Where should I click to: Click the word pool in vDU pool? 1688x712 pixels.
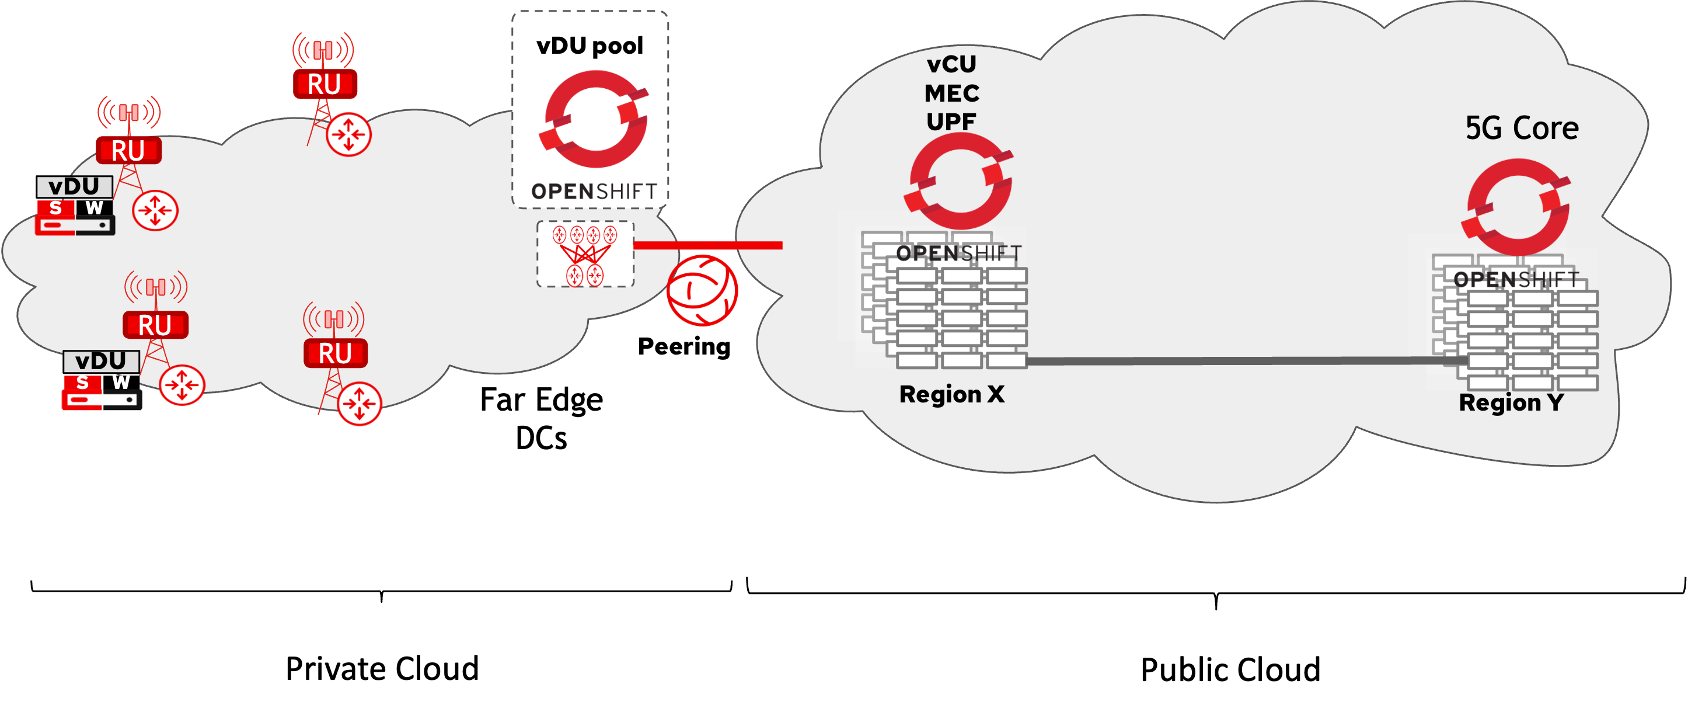(618, 47)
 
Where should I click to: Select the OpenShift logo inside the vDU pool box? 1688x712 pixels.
(594, 119)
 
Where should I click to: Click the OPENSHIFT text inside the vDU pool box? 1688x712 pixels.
(594, 192)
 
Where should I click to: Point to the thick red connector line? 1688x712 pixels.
(707, 245)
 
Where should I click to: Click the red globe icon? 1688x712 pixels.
(702, 290)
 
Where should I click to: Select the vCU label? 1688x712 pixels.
(951, 64)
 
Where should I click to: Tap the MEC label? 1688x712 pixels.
(951, 93)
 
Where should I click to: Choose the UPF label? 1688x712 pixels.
(951, 121)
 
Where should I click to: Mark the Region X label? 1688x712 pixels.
(951, 395)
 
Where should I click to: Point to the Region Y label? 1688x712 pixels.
(1511, 402)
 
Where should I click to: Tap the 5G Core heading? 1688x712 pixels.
(1522, 128)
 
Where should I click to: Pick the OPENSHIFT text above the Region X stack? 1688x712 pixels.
(958, 253)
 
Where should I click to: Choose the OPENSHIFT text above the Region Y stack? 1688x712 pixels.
(1516, 279)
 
